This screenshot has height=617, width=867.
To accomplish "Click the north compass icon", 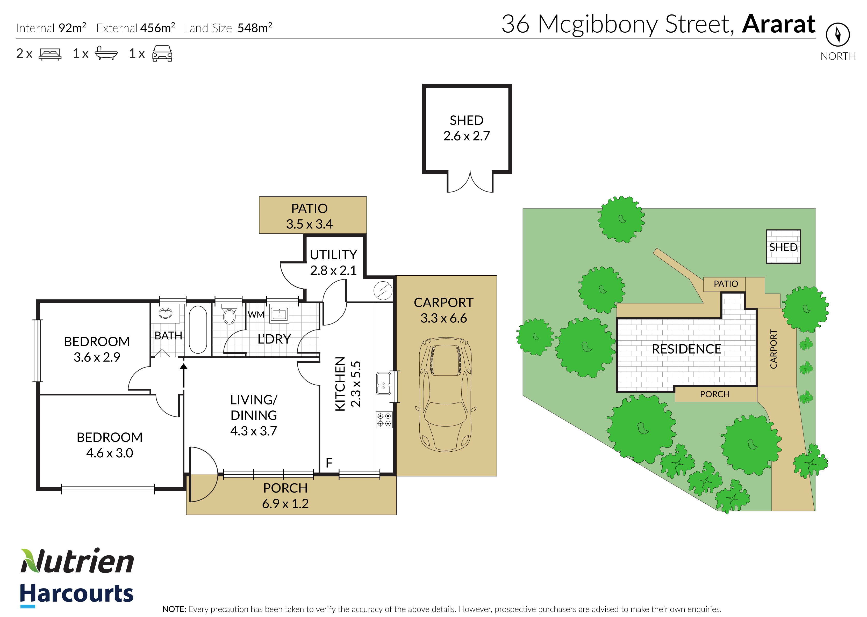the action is (838, 35).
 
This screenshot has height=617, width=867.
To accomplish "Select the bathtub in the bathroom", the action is (198, 329).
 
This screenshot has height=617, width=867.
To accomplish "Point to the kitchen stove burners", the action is (384, 420).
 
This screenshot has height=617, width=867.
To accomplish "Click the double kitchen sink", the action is (384, 383).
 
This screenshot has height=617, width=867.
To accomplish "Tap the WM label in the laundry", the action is (256, 314).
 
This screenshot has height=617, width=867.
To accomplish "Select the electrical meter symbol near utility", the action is (383, 291).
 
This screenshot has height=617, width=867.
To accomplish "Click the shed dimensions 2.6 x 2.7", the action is (467, 136).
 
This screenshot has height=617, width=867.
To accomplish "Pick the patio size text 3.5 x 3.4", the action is (310, 224).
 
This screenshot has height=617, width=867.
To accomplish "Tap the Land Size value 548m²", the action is (255, 27).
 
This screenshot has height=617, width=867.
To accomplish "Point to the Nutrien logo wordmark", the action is (77, 561).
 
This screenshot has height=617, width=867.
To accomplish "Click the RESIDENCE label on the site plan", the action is (686, 349).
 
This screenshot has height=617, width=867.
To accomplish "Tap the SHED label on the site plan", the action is (783, 247).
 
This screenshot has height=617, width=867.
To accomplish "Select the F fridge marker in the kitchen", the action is (329, 462).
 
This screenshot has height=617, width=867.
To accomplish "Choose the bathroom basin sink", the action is (166, 313).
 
